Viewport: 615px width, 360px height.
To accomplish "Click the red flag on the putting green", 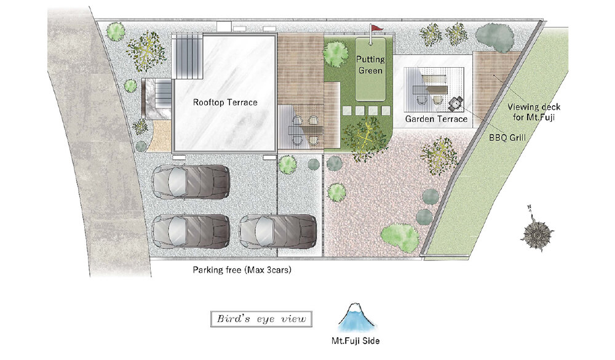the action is (x=376, y=28).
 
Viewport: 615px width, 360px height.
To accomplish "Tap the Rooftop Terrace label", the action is (x=225, y=103).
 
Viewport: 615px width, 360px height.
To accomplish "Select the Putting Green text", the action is (x=370, y=65).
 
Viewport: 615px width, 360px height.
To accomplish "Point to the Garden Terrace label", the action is (x=436, y=119).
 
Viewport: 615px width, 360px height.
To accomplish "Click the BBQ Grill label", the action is (x=507, y=138).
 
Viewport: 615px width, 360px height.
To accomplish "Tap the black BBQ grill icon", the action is (x=456, y=103).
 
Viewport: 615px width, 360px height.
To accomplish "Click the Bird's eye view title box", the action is (x=261, y=319).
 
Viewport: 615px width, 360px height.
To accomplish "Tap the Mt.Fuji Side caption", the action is (x=355, y=341).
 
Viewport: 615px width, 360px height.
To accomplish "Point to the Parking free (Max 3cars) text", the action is (x=242, y=270).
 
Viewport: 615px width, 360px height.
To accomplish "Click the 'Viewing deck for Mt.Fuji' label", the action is (x=534, y=112).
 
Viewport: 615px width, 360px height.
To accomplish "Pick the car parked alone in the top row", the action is (x=191, y=181).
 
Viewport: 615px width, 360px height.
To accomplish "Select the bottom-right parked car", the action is (x=278, y=231).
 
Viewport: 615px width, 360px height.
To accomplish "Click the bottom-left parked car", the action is (x=191, y=231).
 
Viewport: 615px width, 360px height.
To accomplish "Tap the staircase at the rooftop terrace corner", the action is (x=188, y=56).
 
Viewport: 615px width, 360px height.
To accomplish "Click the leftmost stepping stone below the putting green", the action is (x=347, y=111).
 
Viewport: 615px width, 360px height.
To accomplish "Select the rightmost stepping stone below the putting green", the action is (x=386, y=111).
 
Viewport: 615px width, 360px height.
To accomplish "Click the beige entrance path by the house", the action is (x=161, y=136).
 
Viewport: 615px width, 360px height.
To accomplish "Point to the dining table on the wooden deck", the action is (x=305, y=130).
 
